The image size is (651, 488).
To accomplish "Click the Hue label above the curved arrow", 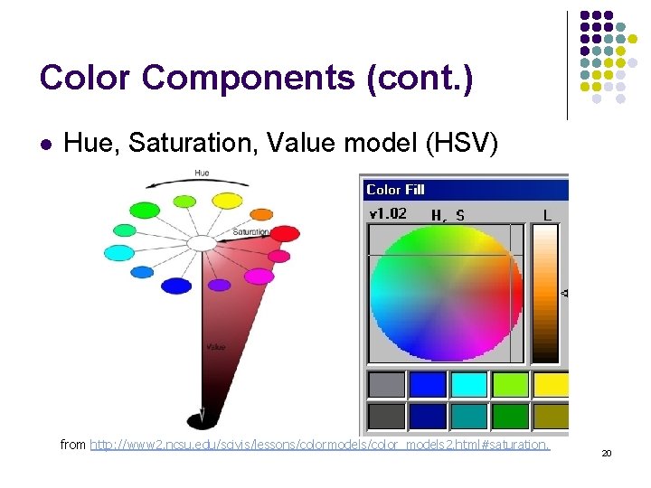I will (x=202, y=173).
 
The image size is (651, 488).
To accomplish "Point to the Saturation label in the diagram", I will (x=250, y=232).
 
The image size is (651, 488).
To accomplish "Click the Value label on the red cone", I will (x=215, y=346).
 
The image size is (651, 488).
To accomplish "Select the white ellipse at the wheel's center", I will (x=202, y=242).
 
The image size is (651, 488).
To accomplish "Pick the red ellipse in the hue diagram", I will (x=285, y=233).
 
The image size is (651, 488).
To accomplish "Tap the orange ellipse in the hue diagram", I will (x=261, y=214).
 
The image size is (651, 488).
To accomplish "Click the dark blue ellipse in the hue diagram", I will (x=176, y=286).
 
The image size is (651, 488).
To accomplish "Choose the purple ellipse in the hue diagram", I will (x=220, y=285).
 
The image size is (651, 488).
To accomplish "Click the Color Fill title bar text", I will (x=395, y=190).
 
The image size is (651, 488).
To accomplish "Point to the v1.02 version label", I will (x=388, y=214).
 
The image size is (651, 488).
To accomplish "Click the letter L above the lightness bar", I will (x=547, y=215).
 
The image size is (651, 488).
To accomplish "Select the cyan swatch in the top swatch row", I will (x=469, y=385).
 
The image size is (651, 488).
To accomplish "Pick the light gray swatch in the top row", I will (x=386, y=385).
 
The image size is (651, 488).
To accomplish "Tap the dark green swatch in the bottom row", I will (x=511, y=416).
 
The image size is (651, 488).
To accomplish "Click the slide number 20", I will (x=607, y=453).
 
